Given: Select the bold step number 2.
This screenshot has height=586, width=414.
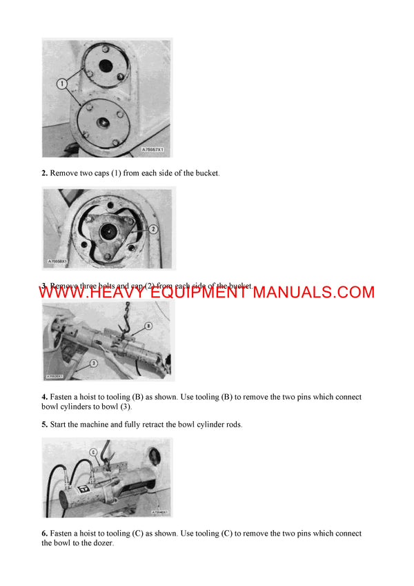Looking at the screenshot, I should coord(44,173).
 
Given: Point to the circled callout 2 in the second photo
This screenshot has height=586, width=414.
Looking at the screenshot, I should coord(153,228).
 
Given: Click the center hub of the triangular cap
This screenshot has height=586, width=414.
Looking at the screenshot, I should coord(108,232).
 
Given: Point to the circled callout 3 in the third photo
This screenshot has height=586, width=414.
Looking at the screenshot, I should coord(93,362).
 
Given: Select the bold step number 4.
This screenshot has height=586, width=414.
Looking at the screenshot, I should coord(44,398).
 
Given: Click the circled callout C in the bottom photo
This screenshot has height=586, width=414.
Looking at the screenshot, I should coord(92,452).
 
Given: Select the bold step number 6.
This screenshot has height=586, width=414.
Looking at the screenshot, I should coord(44,534).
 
